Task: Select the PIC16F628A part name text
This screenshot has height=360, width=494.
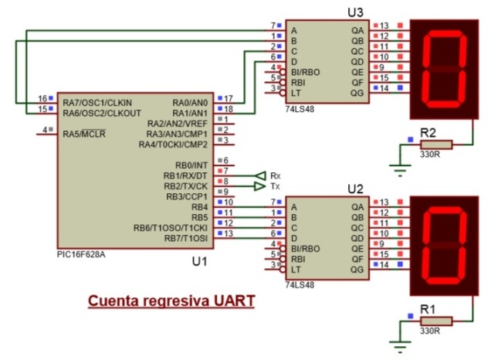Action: pos(80,253)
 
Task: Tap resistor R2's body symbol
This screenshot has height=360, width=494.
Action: pos(436,144)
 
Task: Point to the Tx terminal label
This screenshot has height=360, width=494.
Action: pos(276,187)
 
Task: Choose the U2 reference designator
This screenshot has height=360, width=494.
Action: pos(356,188)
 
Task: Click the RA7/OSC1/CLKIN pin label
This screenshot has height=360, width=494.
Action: pos(97,103)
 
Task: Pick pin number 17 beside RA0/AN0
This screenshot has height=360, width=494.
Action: pos(228,98)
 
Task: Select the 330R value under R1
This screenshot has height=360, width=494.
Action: pos(429,331)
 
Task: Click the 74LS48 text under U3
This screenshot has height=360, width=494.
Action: pos(298,109)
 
